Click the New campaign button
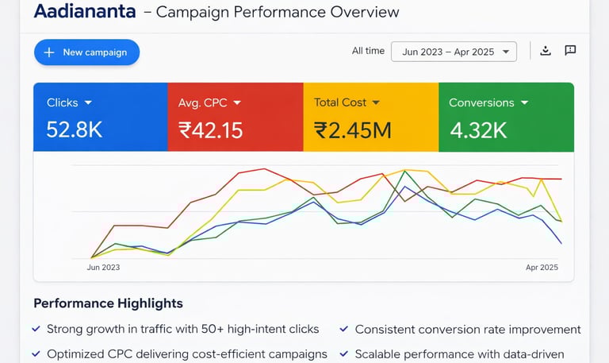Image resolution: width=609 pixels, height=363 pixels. (86, 52)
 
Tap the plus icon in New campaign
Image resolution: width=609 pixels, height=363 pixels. (49, 52)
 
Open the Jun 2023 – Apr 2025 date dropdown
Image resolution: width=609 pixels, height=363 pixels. (454, 52)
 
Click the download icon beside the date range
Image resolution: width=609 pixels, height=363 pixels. (546, 51)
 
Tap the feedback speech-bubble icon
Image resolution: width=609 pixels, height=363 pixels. (570, 51)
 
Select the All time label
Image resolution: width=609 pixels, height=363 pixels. (368, 51)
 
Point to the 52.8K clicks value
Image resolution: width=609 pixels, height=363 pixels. (75, 130)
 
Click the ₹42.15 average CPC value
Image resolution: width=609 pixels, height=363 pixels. (210, 130)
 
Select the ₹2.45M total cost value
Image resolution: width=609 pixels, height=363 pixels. (352, 130)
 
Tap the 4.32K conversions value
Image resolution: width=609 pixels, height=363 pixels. (478, 130)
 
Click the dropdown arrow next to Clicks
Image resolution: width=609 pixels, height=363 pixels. (88, 102)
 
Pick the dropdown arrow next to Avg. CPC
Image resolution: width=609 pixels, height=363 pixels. (236, 102)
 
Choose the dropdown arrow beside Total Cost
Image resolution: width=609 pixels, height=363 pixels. (376, 102)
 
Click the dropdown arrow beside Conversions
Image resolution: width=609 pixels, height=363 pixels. (523, 102)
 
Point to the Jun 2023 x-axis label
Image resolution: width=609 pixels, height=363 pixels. (103, 268)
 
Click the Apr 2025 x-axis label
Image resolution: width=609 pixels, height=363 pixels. (542, 268)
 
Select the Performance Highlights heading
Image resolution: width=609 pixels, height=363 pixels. (108, 303)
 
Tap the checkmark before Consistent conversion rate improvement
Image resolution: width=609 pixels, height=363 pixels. (343, 329)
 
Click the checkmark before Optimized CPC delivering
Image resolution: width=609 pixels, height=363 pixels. (36, 353)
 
